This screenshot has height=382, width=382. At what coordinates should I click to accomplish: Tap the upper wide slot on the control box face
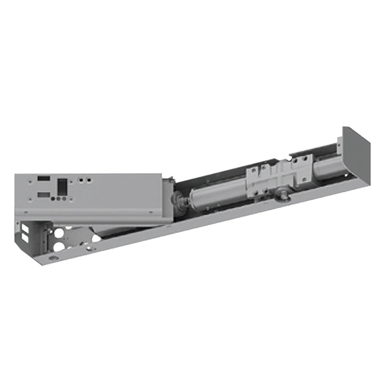click(43, 179)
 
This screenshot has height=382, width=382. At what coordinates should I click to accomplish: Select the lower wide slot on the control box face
click(43, 194)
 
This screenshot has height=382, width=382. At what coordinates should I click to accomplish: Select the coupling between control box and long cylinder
click(180, 201)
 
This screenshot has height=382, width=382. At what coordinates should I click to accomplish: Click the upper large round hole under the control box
click(59, 234)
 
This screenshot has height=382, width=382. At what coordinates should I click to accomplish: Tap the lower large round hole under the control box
click(58, 246)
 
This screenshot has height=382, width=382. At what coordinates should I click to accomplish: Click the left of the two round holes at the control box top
click(82, 180)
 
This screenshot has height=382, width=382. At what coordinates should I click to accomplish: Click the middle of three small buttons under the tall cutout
click(62, 198)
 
